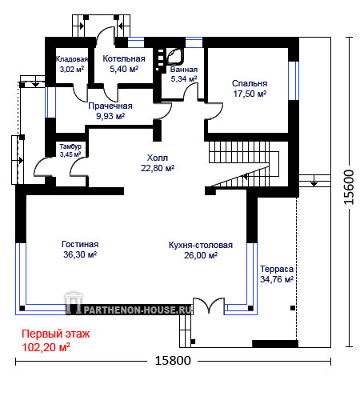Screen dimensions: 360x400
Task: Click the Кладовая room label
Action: [x=72, y=59]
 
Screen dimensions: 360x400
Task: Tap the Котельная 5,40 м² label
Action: [x=124, y=64]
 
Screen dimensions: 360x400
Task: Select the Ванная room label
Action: [x=184, y=70]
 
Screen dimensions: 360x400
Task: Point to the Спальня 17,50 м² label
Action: [x=250, y=89]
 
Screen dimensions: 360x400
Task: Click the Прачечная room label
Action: [x=110, y=106]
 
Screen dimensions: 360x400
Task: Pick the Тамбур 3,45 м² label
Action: [x=70, y=150]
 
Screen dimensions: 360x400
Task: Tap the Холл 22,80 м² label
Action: [x=158, y=163]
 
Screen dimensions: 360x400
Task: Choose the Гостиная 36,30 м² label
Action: [x=80, y=250]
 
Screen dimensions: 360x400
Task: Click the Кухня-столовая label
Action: [x=201, y=245]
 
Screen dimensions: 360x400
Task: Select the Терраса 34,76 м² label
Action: [x=277, y=274]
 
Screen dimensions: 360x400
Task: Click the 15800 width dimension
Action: [x=173, y=361]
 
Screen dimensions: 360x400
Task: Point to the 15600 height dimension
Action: [x=349, y=187]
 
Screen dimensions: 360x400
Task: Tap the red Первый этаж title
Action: [x=56, y=334]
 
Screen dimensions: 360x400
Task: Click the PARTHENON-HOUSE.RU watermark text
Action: [x=138, y=310]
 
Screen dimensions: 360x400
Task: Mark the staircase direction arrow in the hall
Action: [x=246, y=176]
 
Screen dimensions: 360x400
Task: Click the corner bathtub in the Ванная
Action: [x=175, y=56]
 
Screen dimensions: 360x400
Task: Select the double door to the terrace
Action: [x=209, y=306]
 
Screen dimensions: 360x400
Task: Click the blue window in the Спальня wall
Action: [x=294, y=81]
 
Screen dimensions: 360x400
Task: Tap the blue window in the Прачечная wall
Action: [x=50, y=102]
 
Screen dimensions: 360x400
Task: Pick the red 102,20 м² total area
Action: [x=46, y=347]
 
